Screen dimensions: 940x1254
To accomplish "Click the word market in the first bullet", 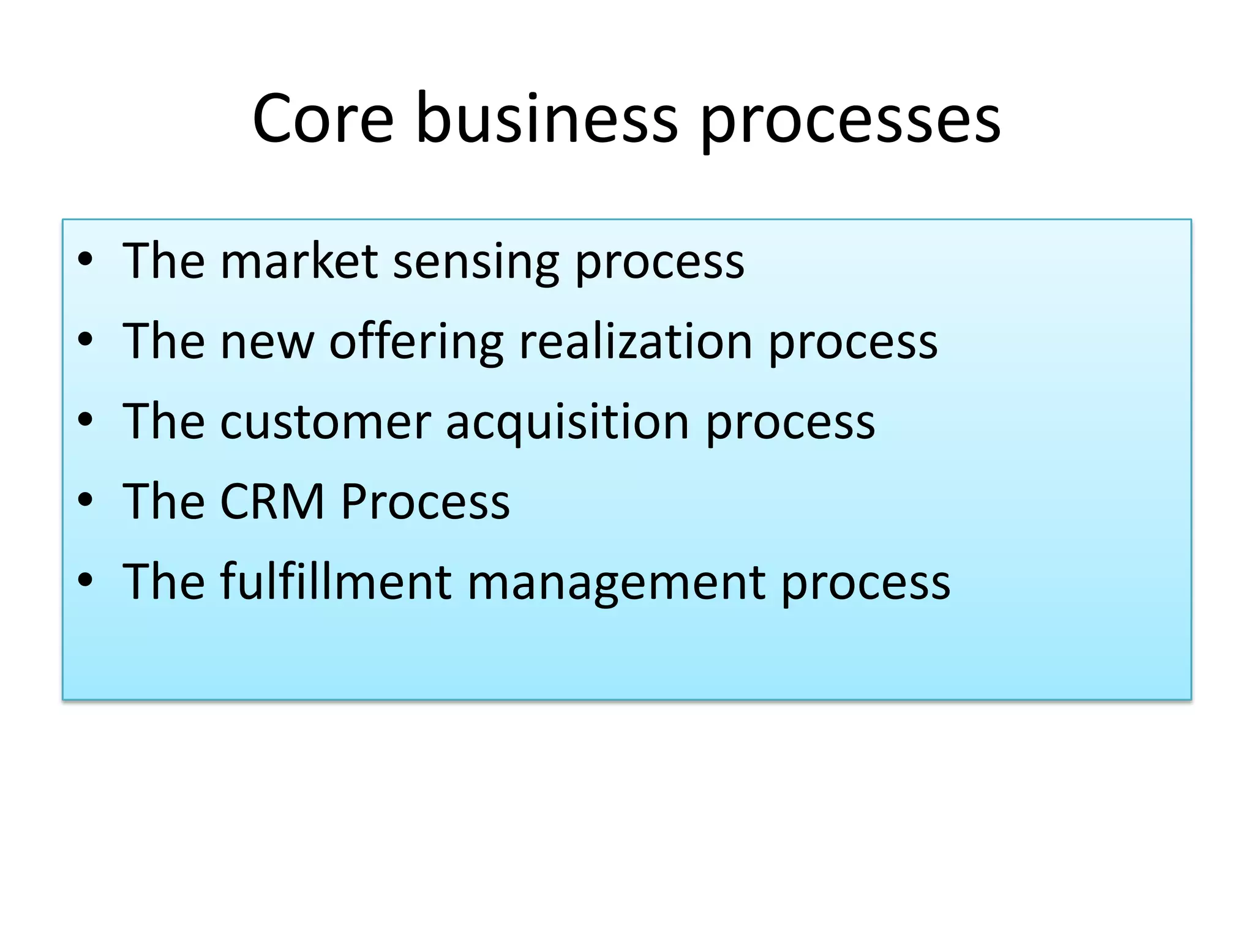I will (298, 261).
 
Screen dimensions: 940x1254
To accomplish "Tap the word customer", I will (325, 422).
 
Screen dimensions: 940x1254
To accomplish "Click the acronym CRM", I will (272, 502).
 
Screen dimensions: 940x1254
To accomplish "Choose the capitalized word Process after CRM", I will (425, 502).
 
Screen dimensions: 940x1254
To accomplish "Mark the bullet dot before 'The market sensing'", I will (85, 259).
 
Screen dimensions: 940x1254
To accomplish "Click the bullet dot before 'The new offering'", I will (85, 340).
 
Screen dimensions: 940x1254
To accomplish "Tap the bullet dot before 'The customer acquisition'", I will (85, 420).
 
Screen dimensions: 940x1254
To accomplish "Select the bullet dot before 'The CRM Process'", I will (85, 500).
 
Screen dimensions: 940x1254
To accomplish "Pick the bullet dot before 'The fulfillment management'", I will (85, 580).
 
